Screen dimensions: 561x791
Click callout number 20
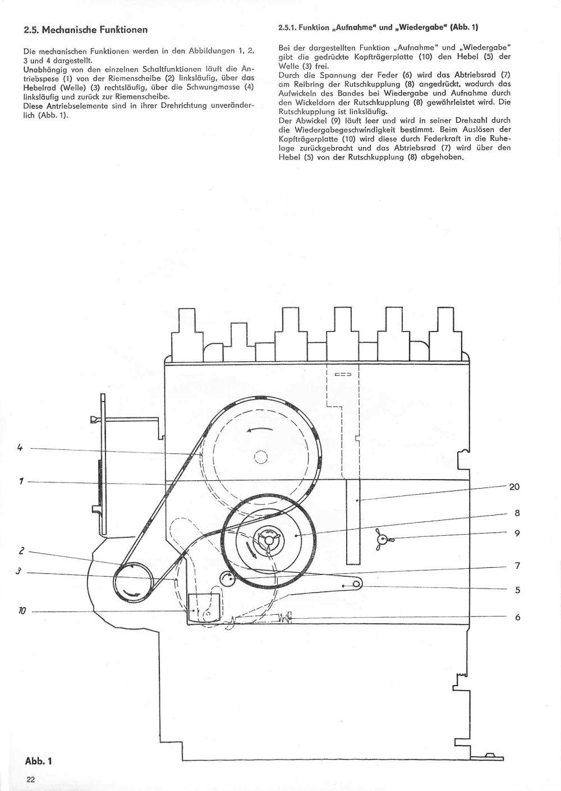[x=514, y=487]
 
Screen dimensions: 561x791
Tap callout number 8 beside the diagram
[x=517, y=513]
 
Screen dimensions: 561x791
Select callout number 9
[x=517, y=533]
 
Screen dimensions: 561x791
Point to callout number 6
[x=518, y=617]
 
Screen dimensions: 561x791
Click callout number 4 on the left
[x=20, y=448]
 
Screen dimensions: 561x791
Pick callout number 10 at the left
[x=22, y=610]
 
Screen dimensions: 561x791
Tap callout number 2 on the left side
[x=21, y=551]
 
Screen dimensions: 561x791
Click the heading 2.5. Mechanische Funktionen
[x=85, y=30]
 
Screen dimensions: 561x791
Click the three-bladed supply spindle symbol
[x=383, y=539]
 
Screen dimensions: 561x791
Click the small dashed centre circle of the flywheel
[x=260, y=457]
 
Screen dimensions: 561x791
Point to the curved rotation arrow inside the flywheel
[x=260, y=429]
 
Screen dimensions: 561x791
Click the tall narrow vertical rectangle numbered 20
[x=352, y=522]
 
